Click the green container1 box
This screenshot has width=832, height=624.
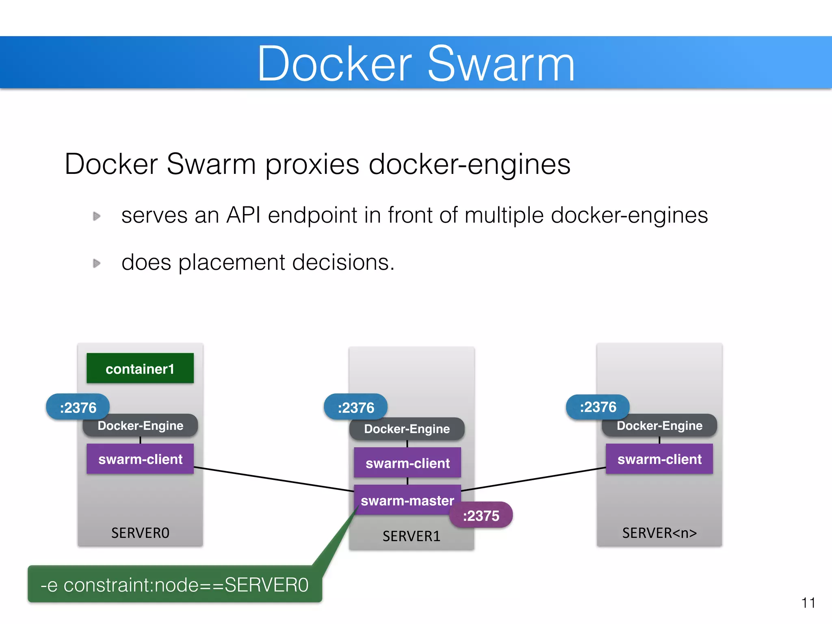point(140,368)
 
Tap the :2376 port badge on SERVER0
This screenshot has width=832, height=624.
point(78,407)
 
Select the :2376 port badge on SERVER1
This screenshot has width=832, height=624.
point(355,407)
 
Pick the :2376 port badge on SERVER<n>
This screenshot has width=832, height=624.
point(598,407)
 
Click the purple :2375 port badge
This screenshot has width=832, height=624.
point(481,515)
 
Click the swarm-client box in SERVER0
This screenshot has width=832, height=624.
point(140,459)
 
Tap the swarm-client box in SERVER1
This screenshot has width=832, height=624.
point(407,463)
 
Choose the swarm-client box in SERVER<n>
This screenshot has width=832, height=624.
point(659,459)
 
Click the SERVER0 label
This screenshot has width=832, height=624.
point(140,533)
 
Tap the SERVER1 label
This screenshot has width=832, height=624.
point(411,536)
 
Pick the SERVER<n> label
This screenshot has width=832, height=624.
point(659,533)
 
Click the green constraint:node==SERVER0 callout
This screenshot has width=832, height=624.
point(175,584)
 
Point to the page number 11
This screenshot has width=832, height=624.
point(808,603)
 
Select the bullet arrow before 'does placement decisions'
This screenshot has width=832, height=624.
point(97,263)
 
